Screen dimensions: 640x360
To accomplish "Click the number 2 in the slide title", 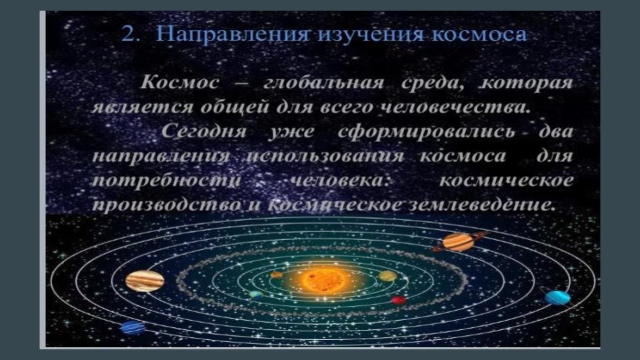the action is click(x=128, y=34).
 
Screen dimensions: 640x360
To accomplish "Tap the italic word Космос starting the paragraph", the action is click(x=179, y=83).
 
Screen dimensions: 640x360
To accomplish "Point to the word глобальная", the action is click(x=324, y=83).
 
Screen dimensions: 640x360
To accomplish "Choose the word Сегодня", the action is click(x=204, y=132).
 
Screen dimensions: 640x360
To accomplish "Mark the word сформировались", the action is click(x=426, y=132).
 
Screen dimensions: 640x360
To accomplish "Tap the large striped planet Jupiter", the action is click(x=145, y=281).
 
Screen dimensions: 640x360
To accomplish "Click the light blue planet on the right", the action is click(x=557, y=298).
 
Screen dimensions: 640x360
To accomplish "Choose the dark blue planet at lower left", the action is click(x=133, y=327).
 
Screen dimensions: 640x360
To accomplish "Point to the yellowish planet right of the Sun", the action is click(x=387, y=276).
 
